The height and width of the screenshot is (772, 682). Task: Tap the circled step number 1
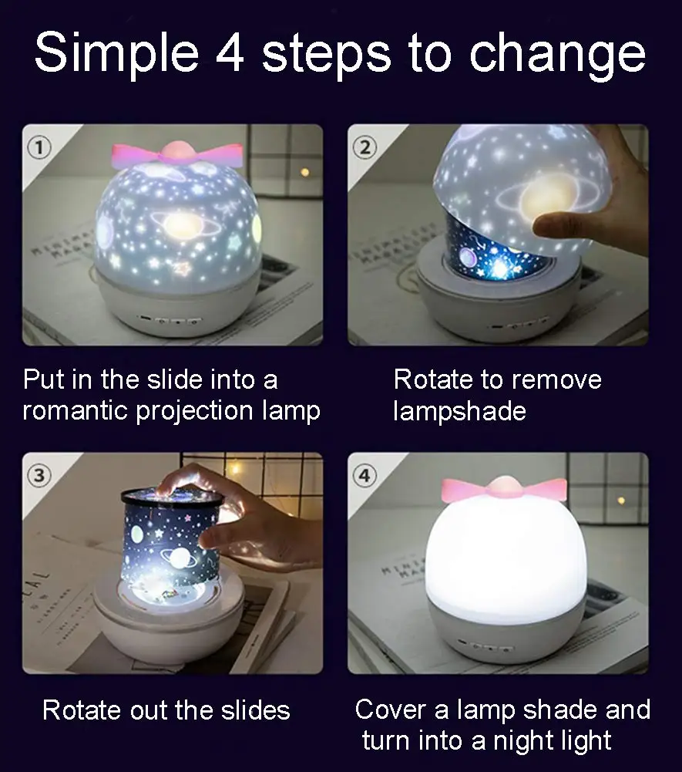(39, 146)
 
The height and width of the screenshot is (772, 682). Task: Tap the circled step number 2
(365, 146)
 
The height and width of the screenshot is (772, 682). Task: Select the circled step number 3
(39, 475)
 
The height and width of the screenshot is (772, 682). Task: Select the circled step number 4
(365, 475)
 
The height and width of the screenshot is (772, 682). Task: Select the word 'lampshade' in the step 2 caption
(459, 410)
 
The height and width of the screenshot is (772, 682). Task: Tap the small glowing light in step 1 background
(305, 171)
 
